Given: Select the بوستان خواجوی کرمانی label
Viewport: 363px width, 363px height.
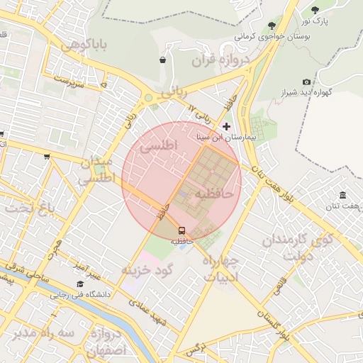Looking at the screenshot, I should click(269, 35).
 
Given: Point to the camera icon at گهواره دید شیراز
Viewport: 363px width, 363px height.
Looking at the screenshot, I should click(306, 82).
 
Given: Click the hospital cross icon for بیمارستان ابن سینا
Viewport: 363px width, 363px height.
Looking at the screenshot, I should click(226, 126).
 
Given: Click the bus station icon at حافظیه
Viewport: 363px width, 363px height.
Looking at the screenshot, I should click(181, 230).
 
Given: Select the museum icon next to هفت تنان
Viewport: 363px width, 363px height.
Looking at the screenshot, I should click(342, 195).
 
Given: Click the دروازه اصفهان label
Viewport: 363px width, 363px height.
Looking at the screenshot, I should click(106, 341).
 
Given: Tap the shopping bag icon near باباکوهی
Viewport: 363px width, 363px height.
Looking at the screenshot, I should click(163, 60).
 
